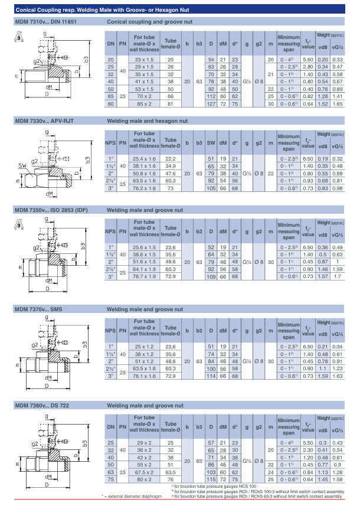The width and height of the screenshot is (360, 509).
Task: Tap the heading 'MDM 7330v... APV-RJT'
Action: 44,120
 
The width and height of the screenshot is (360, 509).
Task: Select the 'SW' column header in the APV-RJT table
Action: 211,143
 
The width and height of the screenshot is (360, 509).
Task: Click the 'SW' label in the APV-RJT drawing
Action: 21,165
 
